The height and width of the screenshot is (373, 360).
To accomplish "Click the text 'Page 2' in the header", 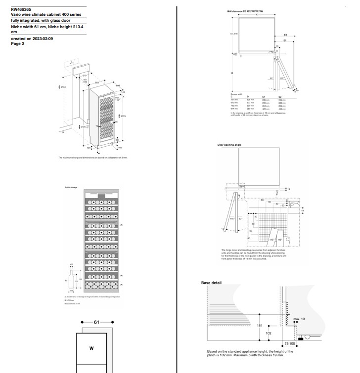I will pos(18,43).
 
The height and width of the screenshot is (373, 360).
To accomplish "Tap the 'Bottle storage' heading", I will pos(71,188).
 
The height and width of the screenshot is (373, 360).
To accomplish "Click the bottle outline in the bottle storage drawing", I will pos(71,280).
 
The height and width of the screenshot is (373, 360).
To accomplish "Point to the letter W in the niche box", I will pos(91,348).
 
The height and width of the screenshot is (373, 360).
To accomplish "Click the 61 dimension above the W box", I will pos(96,322).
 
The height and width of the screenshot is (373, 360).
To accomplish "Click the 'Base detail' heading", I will pos(211,283).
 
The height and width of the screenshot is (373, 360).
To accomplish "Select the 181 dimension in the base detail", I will pos(260,326).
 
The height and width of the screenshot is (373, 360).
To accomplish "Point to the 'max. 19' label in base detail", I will pos(299,319).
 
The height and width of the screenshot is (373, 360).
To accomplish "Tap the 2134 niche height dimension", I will pos(62,87).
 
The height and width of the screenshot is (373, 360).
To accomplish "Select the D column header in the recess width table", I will pos(248,96).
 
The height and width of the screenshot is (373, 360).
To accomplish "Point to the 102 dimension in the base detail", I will pos(269,333).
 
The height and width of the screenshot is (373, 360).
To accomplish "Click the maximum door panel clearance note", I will pos(92,157).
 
